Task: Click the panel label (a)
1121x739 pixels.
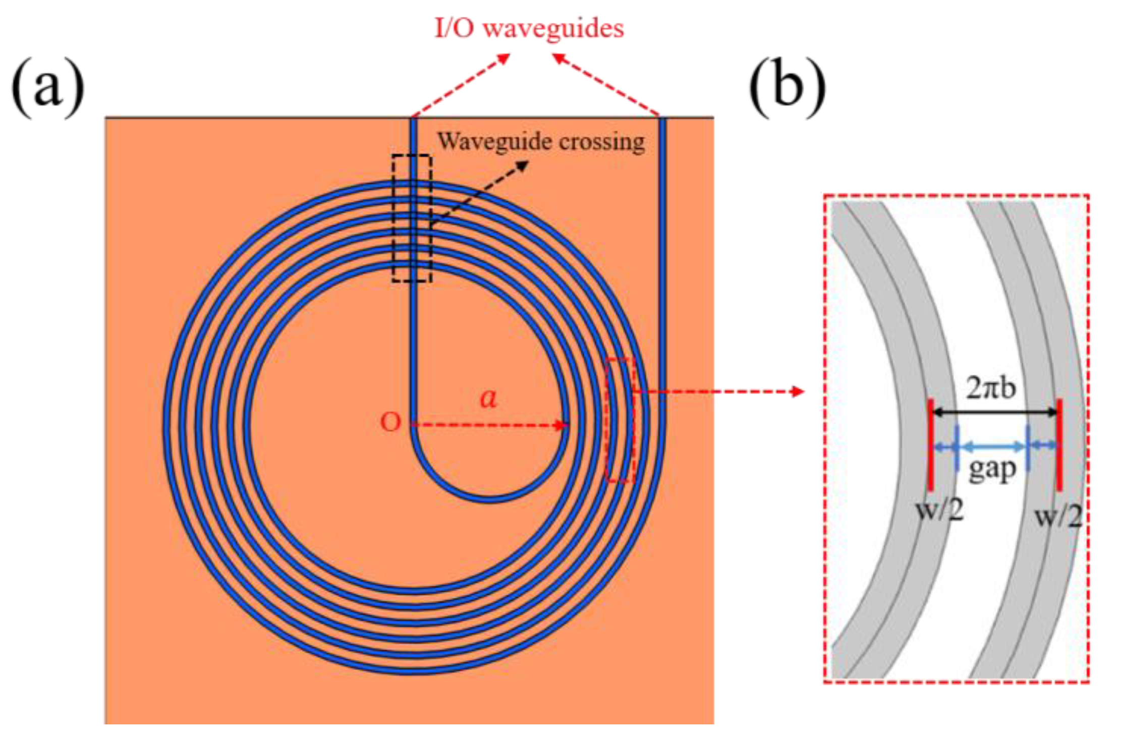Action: click(48, 88)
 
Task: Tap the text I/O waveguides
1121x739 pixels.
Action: click(529, 28)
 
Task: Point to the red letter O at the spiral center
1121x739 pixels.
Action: click(390, 423)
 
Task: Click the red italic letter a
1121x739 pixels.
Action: click(488, 399)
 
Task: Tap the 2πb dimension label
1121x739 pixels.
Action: click(991, 388)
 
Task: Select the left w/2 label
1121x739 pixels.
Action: click(939, 510)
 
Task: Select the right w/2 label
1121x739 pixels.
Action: click(1058, 517)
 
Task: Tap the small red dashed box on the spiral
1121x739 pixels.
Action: click(620, 420)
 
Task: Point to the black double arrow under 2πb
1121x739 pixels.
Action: click(994, 412)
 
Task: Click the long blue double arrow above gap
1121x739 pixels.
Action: click(992, 446)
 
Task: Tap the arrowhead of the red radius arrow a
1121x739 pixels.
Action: click(562, 425)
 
